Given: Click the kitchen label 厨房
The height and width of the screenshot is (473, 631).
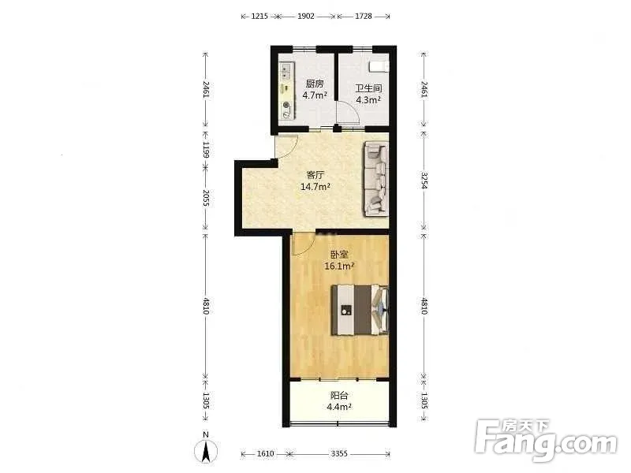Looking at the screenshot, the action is point(315,84).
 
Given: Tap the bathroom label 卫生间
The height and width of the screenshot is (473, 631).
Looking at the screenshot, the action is point(368,88).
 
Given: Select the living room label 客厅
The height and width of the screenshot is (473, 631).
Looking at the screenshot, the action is point(315,175).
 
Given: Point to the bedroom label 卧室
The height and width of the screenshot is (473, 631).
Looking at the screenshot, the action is point(339,254).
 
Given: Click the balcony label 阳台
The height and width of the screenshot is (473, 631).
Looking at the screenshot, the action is point(339,395).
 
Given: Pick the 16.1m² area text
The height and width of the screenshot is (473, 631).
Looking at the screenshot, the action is point(339,266).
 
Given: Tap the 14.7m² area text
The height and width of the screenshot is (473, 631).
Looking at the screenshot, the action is point(315,187).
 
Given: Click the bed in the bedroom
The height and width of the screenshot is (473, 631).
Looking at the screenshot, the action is point(360,310).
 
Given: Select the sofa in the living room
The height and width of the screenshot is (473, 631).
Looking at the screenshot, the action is point(376,179).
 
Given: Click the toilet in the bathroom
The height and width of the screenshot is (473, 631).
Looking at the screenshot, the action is point(379,66).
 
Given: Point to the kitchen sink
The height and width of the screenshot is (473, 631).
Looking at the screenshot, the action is point(286,71).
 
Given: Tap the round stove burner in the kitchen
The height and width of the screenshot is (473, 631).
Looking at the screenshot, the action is point(286,105).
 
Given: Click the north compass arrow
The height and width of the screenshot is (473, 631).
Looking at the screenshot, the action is point(206,451).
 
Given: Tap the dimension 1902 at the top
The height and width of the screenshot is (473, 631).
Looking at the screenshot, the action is point(306,16).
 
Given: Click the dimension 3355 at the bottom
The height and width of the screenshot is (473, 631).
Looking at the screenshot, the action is point(339,454).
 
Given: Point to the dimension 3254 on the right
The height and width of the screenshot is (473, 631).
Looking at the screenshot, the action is point(424,181).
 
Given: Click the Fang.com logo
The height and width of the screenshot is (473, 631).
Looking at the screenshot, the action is point(546,441).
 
